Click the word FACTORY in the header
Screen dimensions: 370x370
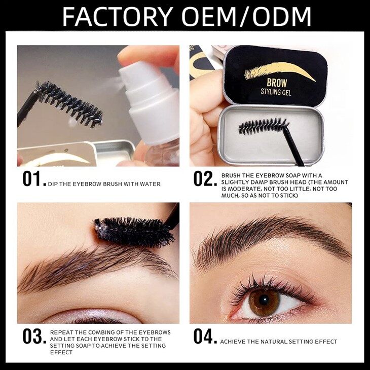click(118, 17)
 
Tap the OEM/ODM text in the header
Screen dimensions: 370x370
click(246, 17)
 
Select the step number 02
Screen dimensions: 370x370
click(205, 179)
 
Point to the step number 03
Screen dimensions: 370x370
click(34, 336)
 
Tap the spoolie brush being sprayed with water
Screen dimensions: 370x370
click(69, 103)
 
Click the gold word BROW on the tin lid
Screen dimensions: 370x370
click(277, 83)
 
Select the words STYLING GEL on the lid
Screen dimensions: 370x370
click(276, 92)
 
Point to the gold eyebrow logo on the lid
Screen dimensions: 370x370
click(280, 70)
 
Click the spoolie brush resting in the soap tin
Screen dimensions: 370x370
click(264, 126)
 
